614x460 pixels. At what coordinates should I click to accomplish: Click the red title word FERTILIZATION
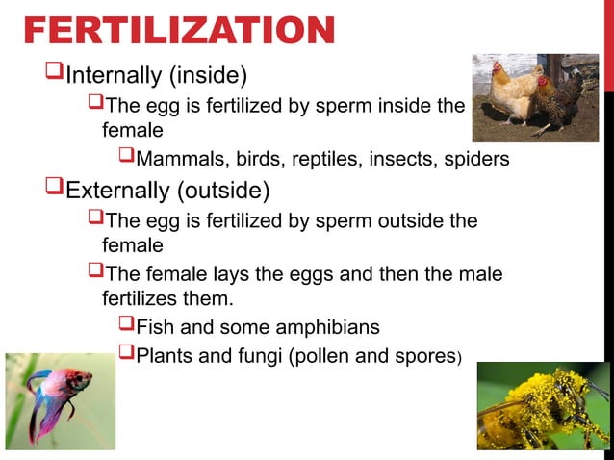click(179, 32)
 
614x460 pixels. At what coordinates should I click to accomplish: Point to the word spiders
click(477, 159)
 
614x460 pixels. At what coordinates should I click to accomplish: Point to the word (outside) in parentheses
click(224, 190)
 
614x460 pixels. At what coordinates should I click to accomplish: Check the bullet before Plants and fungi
click(125, 357)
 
